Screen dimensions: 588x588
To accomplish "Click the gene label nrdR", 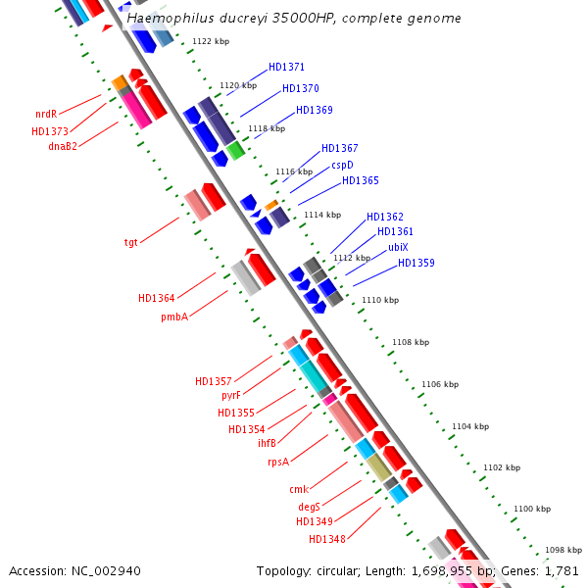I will coord(46,114).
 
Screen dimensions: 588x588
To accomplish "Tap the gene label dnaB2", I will coord(63,146).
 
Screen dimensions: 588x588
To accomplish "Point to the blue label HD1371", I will coord(286,68).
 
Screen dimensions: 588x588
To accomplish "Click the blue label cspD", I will coord(342,165).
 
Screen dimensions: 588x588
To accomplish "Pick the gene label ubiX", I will coord(398,247).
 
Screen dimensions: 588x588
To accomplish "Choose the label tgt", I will coord(131,241).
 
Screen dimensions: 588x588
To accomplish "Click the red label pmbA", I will coord(174,317).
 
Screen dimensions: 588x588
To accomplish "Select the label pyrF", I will coord(230,395).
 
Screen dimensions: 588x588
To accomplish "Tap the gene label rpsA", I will coord(278,462).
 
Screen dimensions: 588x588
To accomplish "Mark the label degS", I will coord(309,507).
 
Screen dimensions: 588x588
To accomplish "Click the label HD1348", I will coord(326,538).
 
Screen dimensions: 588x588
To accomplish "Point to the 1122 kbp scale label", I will coord(211,41).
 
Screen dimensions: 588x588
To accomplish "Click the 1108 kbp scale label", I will coord(411,342).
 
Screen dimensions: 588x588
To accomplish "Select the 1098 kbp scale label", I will coord(563,550).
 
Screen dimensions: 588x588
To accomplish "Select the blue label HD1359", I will coord(416,263).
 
